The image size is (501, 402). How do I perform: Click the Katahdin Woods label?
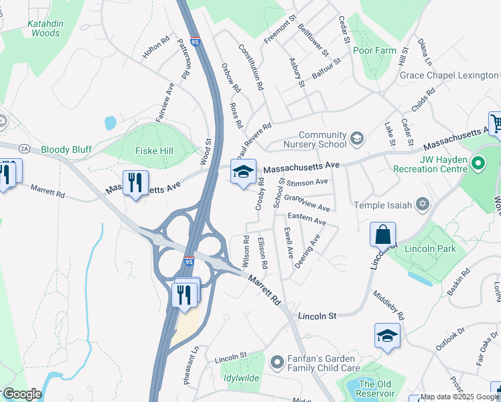click(46, 28)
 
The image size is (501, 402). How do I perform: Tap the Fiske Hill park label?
click(154, 151)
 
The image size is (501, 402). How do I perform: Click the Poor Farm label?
click(380, 50)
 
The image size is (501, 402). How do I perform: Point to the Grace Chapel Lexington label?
click(449, 76)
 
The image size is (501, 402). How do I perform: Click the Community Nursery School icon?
click(357, 139)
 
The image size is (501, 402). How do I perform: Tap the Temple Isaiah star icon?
click(422, 203)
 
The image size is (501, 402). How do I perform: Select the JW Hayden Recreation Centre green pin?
click(478, 163)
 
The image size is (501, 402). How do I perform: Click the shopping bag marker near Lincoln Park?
click(382, 236)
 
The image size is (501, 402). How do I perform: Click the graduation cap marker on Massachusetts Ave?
click(243, 171)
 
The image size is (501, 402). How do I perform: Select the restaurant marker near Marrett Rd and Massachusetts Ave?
click(135, 183)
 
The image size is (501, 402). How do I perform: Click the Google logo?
click(21, 394)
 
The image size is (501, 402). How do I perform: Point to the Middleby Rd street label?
click(388, 305)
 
